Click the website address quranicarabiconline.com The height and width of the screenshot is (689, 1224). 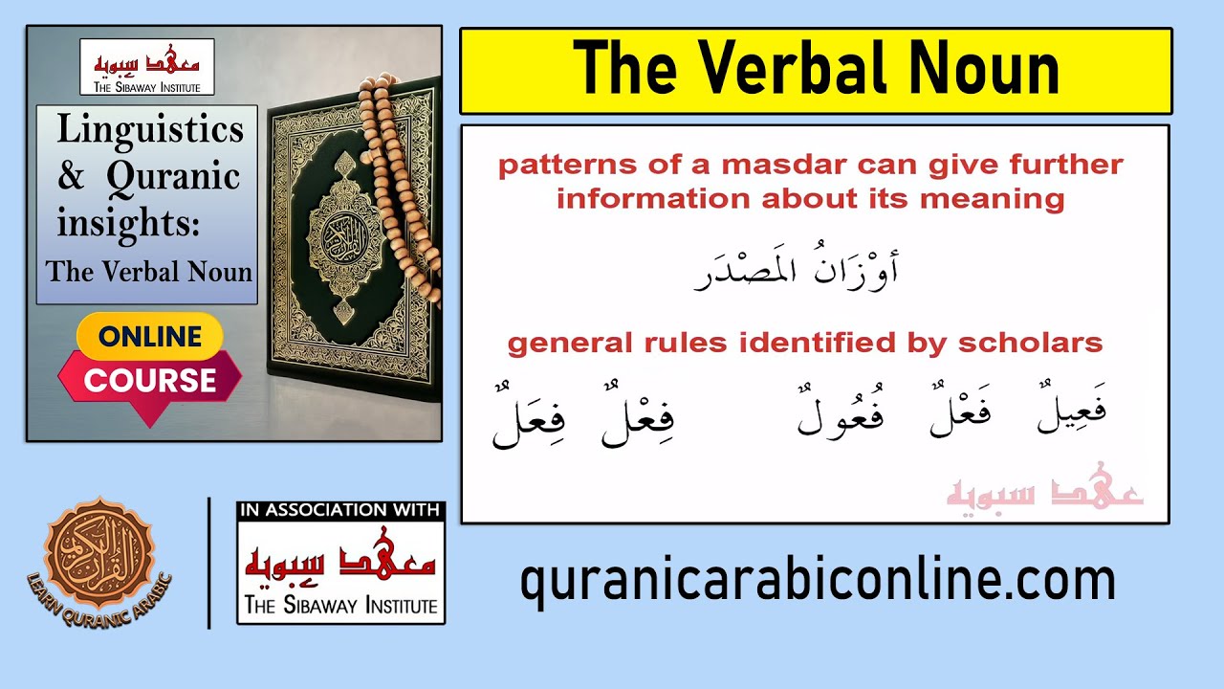click(x=818, y=580)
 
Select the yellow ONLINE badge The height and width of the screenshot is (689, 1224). click(x=149, y=336)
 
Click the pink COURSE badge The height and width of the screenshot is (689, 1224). click(x=149, y=380)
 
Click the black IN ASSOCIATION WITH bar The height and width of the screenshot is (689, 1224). click(x=340, y=510)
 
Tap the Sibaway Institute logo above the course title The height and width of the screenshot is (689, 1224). click(x=146, y=67)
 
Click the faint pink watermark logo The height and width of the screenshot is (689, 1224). click(x=1044, y=494)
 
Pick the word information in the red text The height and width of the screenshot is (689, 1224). click(x=655, y=199)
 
